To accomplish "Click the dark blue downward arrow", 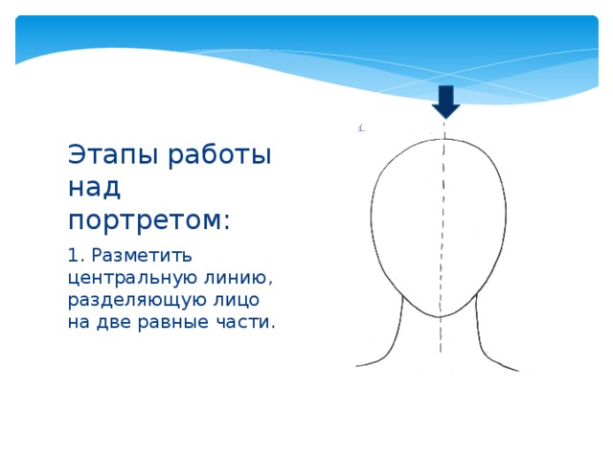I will coord(445,100).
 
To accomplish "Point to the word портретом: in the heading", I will coord(149,219).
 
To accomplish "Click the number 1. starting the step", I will coord(76,256).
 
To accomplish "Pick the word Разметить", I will coord(143,256).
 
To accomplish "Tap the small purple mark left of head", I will coord(360,126).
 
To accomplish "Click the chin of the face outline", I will coord(440,315).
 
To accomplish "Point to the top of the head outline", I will coord(441,140).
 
